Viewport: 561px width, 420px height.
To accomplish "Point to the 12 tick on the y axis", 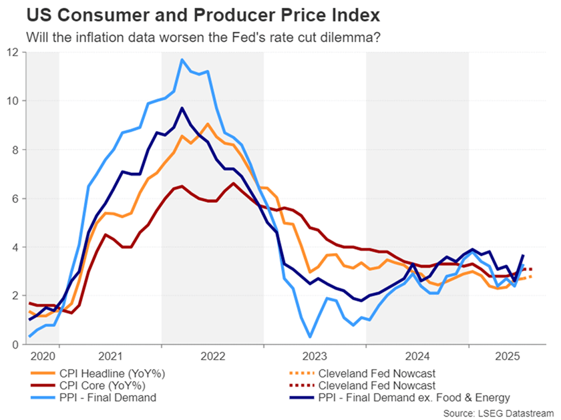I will point(13,51).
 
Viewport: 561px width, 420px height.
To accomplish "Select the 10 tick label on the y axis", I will point(13,101).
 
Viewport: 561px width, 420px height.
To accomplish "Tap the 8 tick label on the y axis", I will point(15,150).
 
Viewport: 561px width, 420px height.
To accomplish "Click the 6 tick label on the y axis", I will point(15,198).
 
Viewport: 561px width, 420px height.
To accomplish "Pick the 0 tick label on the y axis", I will point(15,345).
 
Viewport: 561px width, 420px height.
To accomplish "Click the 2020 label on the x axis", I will point(42,357).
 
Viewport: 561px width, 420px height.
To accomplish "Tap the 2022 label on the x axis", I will point(212,357).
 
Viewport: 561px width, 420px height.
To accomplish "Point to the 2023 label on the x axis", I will point(315,357).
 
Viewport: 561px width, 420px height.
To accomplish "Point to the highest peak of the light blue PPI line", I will point(182,59).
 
